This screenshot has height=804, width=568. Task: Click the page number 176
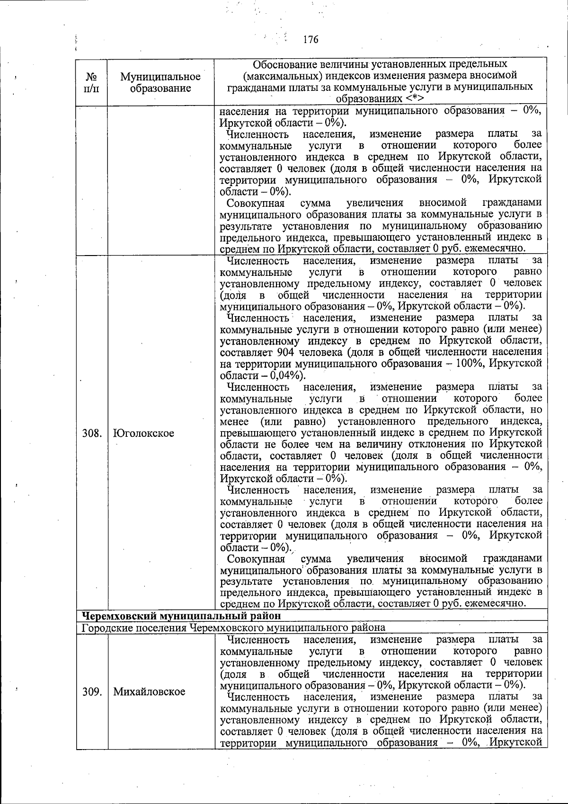(311, 40)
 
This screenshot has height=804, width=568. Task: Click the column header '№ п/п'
(92, 82)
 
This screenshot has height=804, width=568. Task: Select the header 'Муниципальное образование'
(160, 82)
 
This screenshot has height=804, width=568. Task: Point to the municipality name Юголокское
(144, 433)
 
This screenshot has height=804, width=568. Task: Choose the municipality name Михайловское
(149, 691)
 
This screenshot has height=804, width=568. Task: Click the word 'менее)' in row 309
(526, 708)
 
